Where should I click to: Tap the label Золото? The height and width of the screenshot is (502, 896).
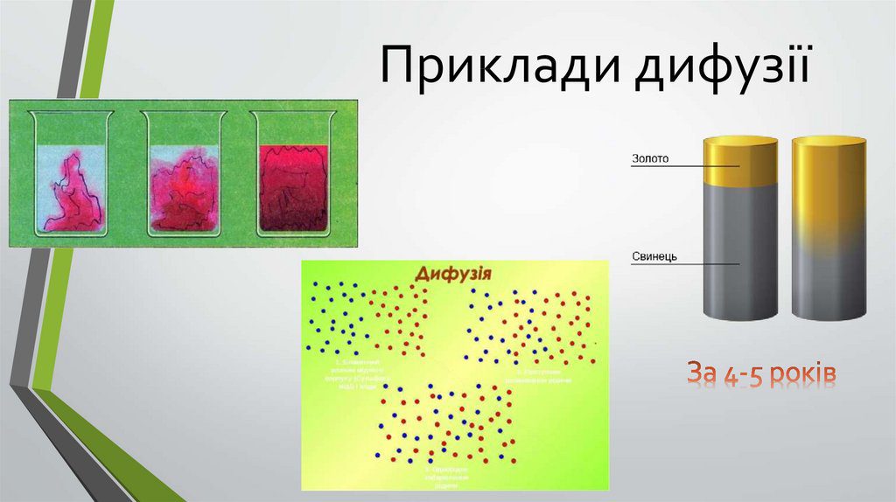(649, 160)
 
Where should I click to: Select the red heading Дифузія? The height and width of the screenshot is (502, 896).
(452, 274)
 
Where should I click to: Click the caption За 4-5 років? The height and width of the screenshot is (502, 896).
(760, 375)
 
